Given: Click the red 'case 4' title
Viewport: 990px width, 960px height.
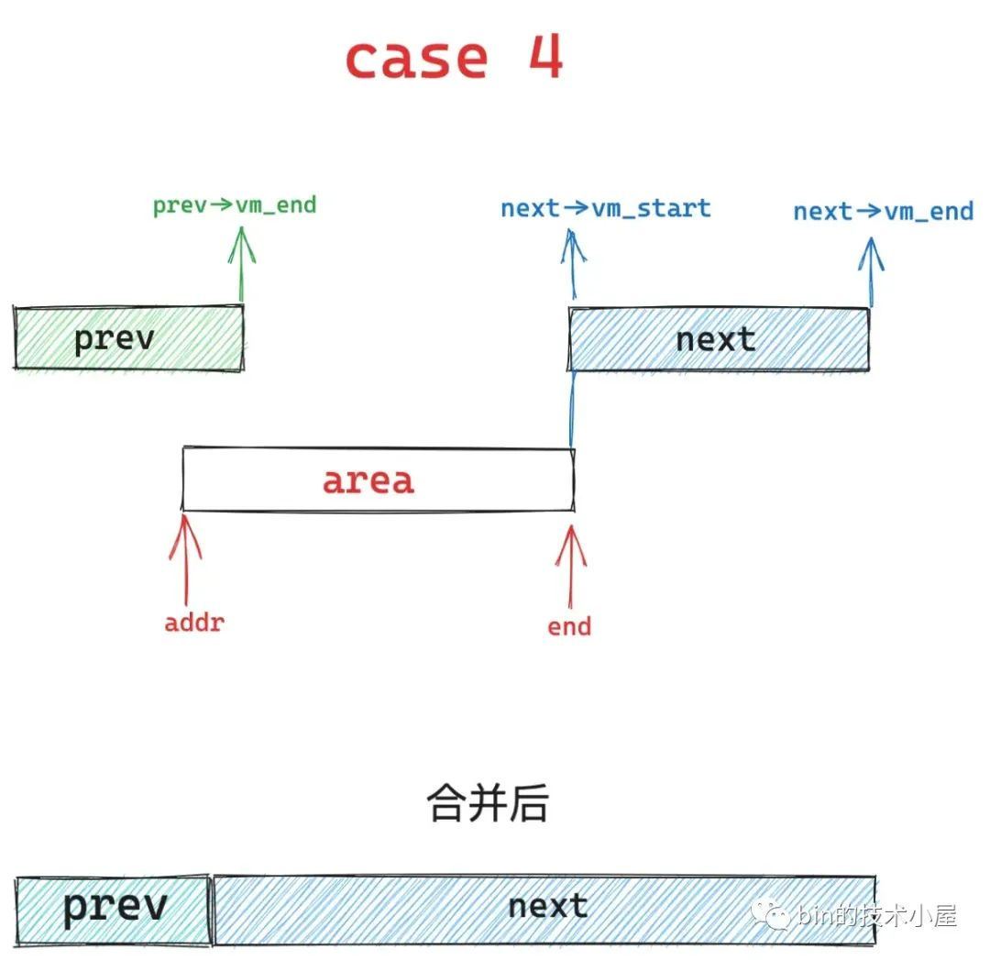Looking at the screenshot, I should [x=453, y=59].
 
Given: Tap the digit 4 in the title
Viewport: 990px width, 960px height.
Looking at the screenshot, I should [x=545, y=57].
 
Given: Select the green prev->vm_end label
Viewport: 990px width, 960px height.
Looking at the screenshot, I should [x=235, y=204].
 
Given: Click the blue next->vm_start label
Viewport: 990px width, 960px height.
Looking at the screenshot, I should [x=606, y=208].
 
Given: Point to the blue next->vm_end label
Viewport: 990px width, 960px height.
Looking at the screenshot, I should [x=884, y=212].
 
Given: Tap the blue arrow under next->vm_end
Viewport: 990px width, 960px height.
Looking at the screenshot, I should [x=871, y=270].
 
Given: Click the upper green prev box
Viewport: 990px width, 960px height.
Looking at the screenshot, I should [x=128, y=339].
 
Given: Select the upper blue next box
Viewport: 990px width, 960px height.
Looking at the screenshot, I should [x=718, y=339].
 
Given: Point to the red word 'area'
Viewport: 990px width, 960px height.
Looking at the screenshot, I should [x=368, y=480].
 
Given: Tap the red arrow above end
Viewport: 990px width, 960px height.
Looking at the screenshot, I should [x=571, y=564].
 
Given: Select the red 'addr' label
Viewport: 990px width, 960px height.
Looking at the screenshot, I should [x=194, y=623].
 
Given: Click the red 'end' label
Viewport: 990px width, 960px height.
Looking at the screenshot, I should [x=569, y=627].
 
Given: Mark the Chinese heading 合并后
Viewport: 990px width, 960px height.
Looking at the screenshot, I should [x=488, y=805].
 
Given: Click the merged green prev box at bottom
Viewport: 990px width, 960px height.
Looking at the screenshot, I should [x=115, y=908].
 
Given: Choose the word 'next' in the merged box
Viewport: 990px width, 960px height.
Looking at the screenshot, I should [x=547, y=906].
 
